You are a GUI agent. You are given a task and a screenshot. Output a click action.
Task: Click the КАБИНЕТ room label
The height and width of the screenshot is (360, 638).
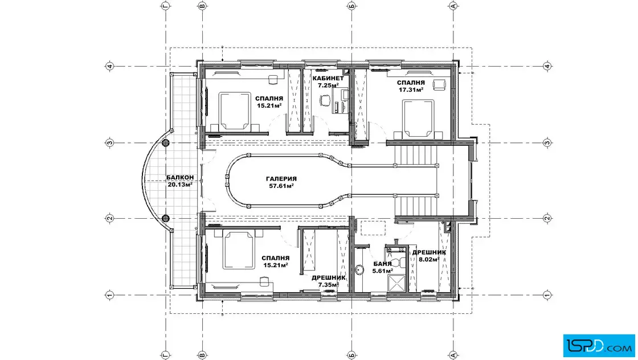(328, 78)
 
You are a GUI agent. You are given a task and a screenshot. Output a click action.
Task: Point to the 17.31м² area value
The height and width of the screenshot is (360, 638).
(411, 89)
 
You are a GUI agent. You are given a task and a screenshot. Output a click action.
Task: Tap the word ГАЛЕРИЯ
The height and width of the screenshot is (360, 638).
(281, 179)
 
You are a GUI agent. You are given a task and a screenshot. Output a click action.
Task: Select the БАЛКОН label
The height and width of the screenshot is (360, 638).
(180, 178)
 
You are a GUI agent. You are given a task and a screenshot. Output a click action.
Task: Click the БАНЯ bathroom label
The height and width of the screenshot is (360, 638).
(382, 264)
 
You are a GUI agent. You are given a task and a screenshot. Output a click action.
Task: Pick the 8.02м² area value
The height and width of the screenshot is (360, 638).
(429, 259)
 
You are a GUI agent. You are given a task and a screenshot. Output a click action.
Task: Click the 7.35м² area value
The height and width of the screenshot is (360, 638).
(328, 285)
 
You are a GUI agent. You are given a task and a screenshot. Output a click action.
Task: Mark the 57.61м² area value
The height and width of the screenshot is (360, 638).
(281, 186)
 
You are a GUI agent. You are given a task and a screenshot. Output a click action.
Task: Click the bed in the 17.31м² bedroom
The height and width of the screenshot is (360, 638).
(418, 118)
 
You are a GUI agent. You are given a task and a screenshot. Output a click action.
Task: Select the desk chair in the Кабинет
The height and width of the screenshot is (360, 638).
(325, 100)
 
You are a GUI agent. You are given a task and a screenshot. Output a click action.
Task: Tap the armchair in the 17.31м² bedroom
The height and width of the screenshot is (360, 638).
(439, 85)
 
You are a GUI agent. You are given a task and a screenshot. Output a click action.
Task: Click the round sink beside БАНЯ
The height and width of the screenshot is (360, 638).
(359, 270)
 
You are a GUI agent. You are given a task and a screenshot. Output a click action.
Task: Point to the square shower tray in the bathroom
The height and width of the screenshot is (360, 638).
(396, 284)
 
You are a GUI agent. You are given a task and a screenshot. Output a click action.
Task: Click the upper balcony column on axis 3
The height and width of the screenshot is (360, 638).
(166, 143)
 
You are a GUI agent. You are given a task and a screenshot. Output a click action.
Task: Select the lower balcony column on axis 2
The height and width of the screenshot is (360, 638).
(166, 218)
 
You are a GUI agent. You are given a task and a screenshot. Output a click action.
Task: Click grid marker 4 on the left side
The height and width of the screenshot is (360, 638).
(109, 66)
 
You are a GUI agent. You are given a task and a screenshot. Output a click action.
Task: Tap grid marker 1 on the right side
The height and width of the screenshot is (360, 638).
(547, 295)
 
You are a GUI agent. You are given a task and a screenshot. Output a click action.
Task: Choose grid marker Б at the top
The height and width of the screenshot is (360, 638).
(351, 6)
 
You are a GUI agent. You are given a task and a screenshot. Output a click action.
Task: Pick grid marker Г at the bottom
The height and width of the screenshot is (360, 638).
(166, 355)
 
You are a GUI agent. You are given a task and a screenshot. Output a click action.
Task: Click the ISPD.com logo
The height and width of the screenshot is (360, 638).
(599, 346)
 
